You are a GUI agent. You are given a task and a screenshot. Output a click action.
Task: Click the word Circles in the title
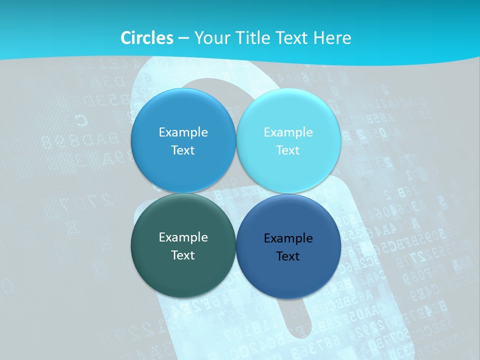[x=147, y=38]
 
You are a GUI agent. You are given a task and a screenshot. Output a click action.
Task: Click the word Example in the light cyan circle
[x=288, y=132]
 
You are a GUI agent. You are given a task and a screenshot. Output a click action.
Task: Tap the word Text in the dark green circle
[x=183, y=255]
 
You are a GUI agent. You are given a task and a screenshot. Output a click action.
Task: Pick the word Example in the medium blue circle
[x=183, y=132]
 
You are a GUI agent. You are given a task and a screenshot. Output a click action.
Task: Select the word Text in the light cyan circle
[x=288, y=150]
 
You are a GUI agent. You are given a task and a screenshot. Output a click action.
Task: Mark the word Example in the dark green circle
[x=183, y=237]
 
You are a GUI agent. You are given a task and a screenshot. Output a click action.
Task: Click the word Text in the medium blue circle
[x=183, y=150]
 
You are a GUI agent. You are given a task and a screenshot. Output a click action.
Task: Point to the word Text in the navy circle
[x=288, y=256]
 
